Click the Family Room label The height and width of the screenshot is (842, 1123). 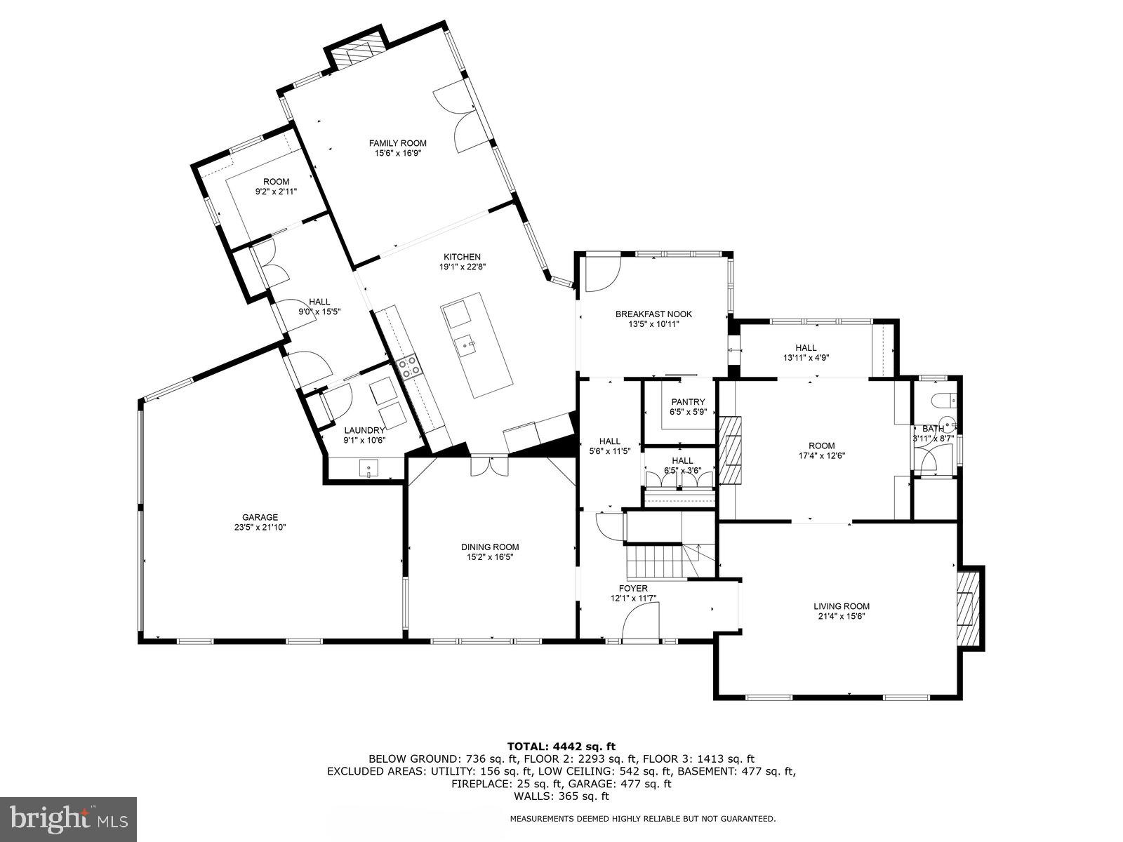(x=397, y=143)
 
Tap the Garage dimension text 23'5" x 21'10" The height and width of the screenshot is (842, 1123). (x=260, y=528)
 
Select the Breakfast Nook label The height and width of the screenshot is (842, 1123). (x=653, y=314)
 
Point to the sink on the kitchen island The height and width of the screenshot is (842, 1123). (x=465, y=345)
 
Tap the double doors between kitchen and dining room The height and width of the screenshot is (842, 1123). (x=489, y=466)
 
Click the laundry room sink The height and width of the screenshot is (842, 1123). (x=368, y=467)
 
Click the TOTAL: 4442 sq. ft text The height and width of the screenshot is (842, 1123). (x=561, y=747)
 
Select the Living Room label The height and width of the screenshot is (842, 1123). (x=841, y=606)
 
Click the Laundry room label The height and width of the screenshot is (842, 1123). (x=364, y=430)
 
